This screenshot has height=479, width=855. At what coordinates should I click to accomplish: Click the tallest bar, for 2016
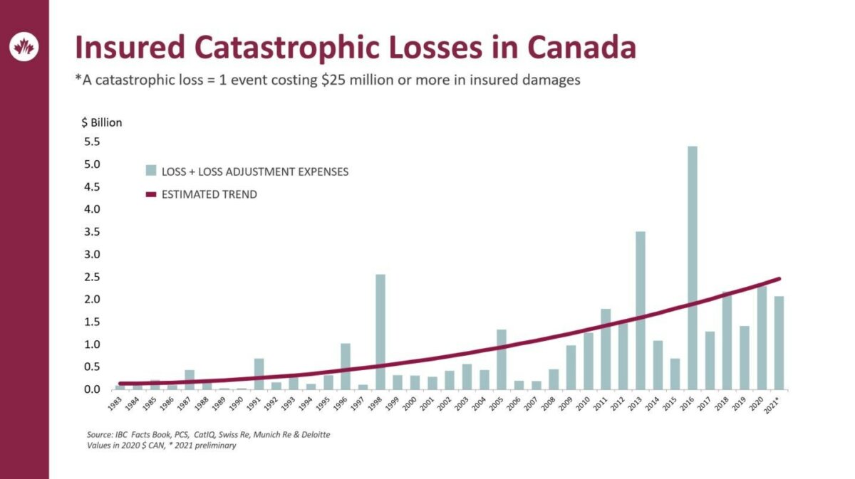pos(693,268)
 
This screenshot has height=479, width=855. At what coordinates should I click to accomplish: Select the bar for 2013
pos(641,310)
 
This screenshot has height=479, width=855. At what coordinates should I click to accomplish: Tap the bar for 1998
pos(380,332)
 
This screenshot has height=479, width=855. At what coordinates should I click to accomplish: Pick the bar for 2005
pos(502,359)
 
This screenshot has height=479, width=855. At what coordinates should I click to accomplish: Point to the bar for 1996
pos(346,367)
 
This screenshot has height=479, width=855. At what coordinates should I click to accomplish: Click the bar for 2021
pos(779,343)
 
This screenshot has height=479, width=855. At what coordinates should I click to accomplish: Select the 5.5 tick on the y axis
pos(92,142)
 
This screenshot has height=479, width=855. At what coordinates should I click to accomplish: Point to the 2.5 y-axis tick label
pos(92,277)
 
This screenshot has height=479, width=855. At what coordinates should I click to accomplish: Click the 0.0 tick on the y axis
pos(92,389)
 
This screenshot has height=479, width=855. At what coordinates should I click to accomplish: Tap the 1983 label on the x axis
pos(115,404)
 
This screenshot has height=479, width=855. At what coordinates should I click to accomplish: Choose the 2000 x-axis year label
pos(410,404)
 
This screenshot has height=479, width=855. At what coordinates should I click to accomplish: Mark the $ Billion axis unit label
pos(101,123)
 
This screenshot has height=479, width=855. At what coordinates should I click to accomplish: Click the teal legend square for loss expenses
pos(151,171)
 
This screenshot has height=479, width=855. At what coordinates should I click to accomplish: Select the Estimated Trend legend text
pos(209,194)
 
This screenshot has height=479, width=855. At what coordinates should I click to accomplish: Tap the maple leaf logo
pos(24,47)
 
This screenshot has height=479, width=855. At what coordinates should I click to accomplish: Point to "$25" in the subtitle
pos(333,80)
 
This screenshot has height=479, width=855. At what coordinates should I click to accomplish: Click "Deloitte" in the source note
pos(316,435)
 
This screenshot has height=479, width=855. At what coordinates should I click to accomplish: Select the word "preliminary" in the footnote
pos(215,446)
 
